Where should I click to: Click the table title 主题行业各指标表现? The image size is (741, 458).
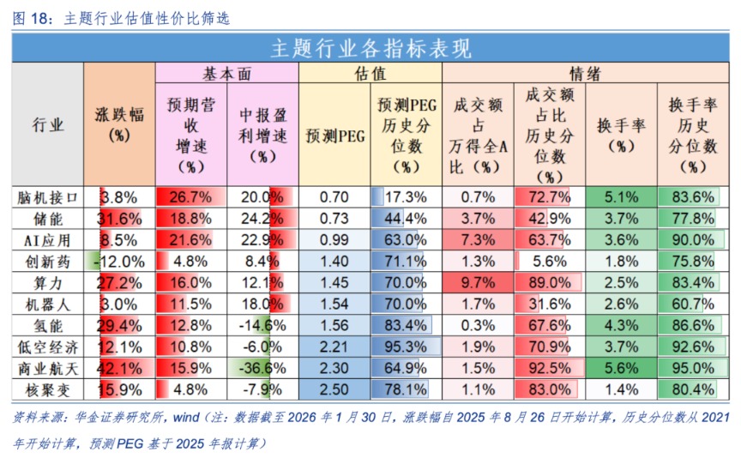[370, 48]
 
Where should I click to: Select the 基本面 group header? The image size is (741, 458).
[226, 75]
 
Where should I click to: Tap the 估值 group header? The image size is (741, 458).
[370, 75]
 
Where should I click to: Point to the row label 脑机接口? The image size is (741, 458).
[48, 196]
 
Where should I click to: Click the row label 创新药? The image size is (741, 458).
[48, 261]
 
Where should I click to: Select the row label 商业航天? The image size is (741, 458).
[48, 368]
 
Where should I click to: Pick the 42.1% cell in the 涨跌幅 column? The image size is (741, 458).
[120, 368]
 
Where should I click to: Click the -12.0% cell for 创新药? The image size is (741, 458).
[120, 261]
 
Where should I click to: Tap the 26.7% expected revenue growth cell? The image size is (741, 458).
[190, 196]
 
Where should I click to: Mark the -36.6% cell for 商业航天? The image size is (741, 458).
[262, 368]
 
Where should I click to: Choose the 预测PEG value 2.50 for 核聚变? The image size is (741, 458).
[334, 389]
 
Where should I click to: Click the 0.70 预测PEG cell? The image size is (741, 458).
[334, 196]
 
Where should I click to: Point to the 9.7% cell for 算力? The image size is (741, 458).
[478, 282]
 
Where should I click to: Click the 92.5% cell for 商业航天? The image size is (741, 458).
[549, 368]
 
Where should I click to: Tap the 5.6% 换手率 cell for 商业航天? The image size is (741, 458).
[621, 368]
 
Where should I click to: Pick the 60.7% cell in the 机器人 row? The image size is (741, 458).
[692, 304]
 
